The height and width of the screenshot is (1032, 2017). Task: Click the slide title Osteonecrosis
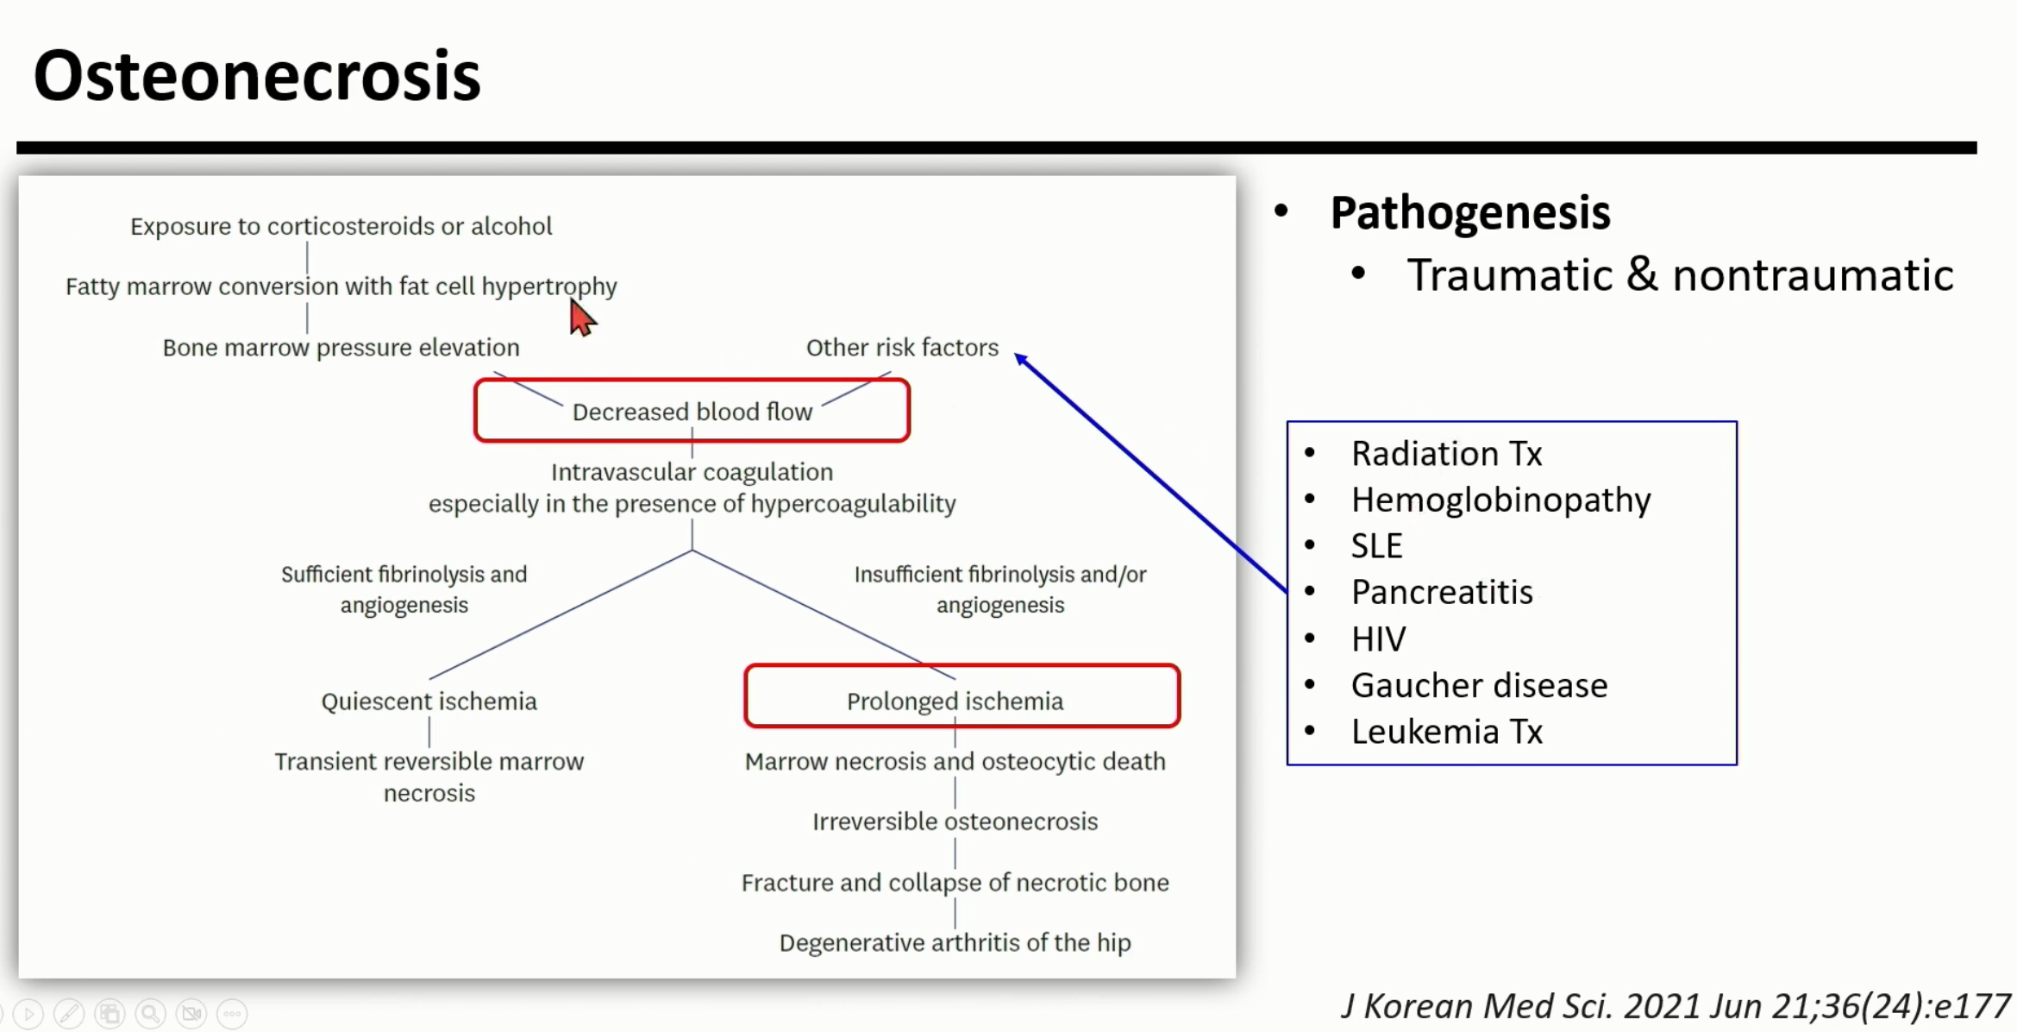pos(257,76)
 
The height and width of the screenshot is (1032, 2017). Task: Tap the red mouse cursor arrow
pos(581,318)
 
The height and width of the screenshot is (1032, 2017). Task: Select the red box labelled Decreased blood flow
pos(692,411)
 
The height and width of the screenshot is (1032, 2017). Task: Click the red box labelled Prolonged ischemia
pos(962,697)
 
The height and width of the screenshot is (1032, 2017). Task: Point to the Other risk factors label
pos(902,348)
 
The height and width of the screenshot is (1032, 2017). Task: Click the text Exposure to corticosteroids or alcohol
pos(341,226)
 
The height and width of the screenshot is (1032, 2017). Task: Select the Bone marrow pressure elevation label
pos(341,348)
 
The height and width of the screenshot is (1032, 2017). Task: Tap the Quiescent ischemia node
pos(429,701)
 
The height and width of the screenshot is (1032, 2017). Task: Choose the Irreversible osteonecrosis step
pos(955,821)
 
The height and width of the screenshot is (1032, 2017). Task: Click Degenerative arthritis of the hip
pos(955,942)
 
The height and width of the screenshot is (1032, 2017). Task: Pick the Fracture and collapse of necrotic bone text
pos(955,883)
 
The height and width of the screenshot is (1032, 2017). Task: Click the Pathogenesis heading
pos(1469,212)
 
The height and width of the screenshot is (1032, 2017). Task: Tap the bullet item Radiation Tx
pos(1446,454)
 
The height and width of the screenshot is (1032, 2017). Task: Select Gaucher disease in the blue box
pos(1479,686)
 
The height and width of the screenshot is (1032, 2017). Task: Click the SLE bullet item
pos(1376,546)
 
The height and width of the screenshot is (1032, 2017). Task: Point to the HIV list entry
pos(1378,639)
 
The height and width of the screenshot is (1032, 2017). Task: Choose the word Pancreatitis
pos(1442,593)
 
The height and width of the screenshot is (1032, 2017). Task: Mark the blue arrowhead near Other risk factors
pos(1021,358)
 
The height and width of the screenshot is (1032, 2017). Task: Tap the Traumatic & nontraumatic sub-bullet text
pos(1680,276)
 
